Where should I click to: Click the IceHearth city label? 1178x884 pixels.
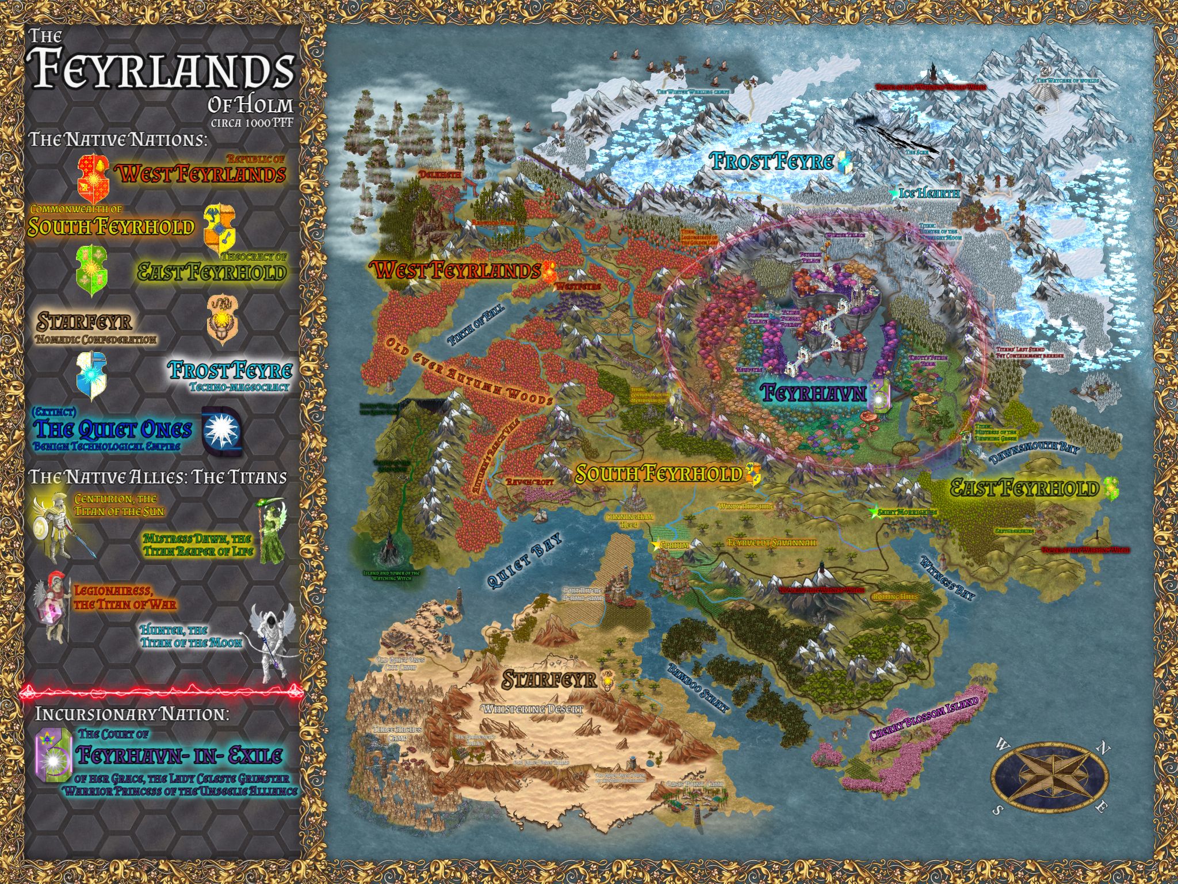tap(929, 194)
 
